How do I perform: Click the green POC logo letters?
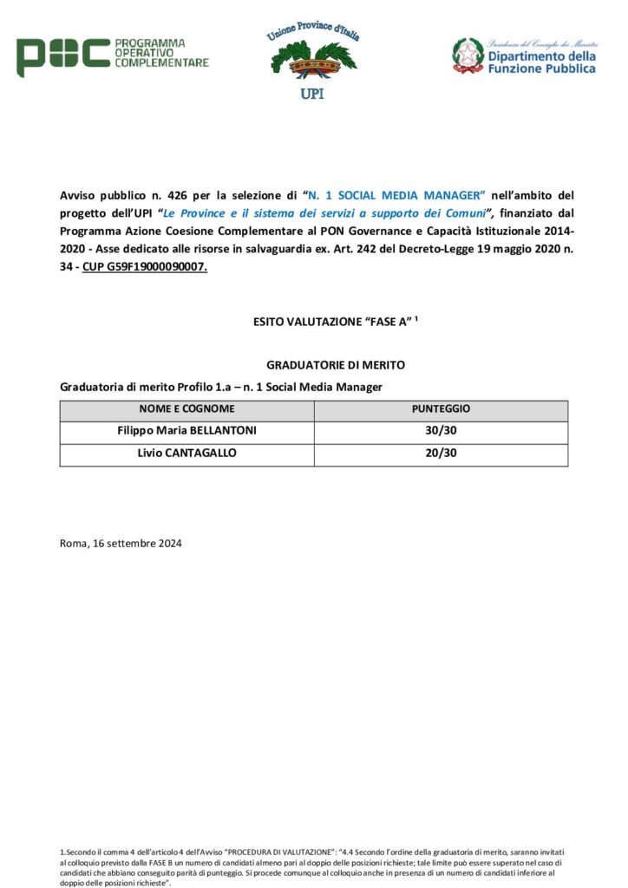[62, 56]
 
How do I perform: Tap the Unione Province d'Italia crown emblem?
[312, 61]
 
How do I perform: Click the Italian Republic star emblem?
[468, 55]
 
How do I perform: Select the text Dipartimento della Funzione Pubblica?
[541, 62]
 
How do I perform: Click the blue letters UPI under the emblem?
[311, 94]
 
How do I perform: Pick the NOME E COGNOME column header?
[186, 409]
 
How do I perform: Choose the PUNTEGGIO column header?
[441, 409]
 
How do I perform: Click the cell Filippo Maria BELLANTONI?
[186, 431]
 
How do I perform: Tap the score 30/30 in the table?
[441, 431]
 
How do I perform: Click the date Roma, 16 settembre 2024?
[121, 544]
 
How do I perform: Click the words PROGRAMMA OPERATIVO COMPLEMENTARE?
[161, 53]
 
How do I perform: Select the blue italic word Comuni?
[461, 214]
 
